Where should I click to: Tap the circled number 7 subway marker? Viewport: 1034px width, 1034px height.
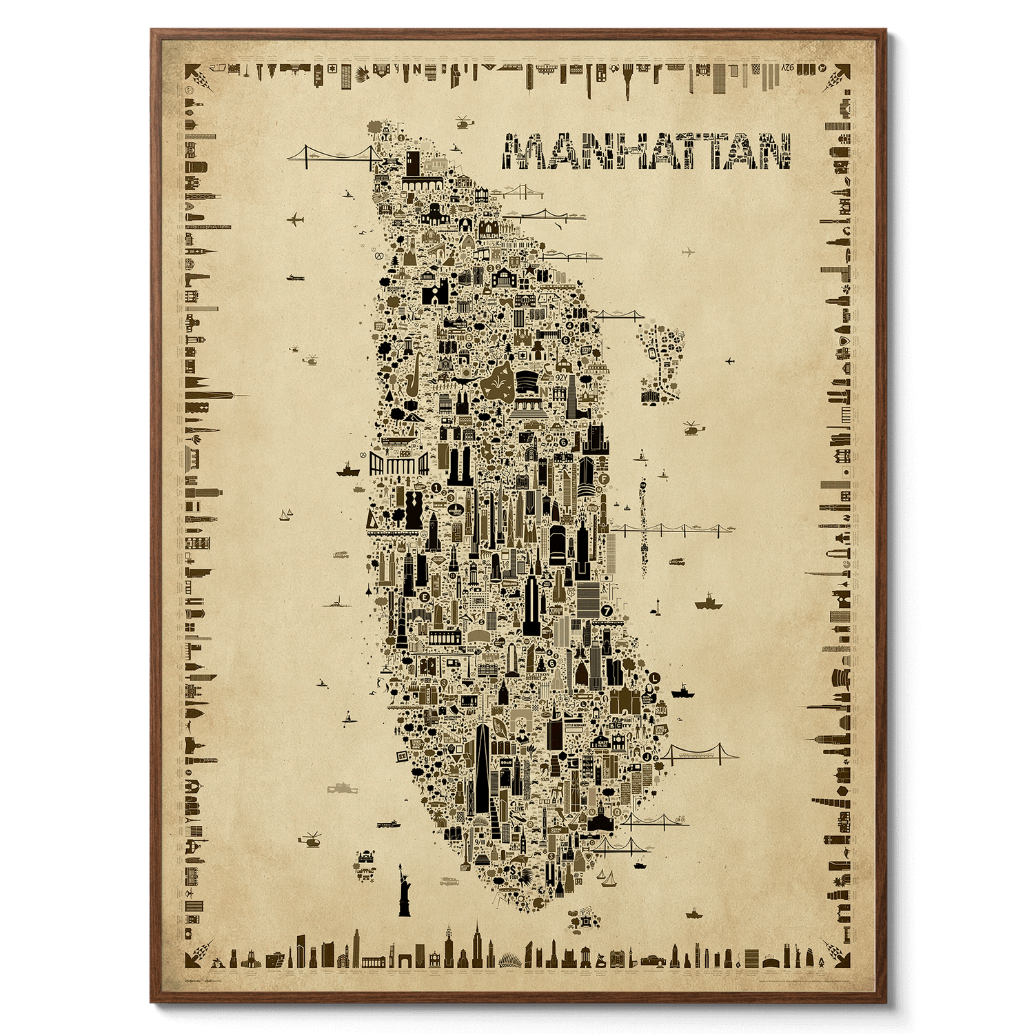(x=607, y=609)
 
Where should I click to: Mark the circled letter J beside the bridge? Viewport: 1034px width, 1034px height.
(x=647, y=757)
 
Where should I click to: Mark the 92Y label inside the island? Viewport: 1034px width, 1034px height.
(x=560, y=378)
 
